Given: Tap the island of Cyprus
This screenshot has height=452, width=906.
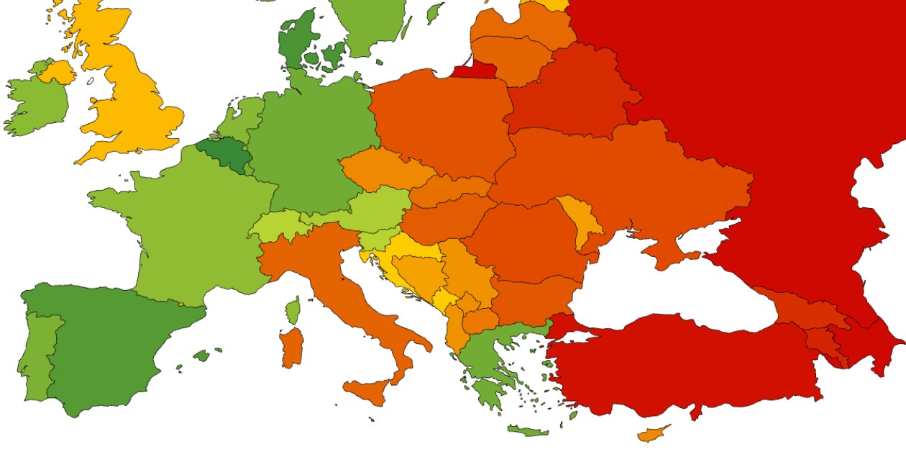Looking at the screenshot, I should (653, 433).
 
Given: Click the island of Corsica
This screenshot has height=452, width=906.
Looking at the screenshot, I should (293, 311).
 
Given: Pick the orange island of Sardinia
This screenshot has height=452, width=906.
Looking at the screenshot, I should (291, 347).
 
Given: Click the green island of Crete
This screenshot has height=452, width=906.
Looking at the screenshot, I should (527, 431).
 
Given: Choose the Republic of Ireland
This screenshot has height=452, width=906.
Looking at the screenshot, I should (36, 104).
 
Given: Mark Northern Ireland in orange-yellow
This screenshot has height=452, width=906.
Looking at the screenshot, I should (58, 72).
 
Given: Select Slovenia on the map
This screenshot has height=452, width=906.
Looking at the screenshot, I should (374, 238).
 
